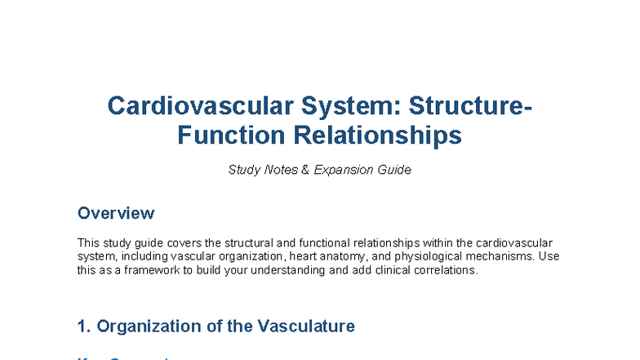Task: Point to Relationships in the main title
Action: pyautogui.click(x=375, y=135)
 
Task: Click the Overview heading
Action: pyautogui.click(x=115, y=213)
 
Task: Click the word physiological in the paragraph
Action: pyautogui.click(x=438, y=256)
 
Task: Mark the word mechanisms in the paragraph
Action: pyautogui.click(x=507, y=256)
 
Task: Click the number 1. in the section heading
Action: pyautogui.click(x=84, y=327)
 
